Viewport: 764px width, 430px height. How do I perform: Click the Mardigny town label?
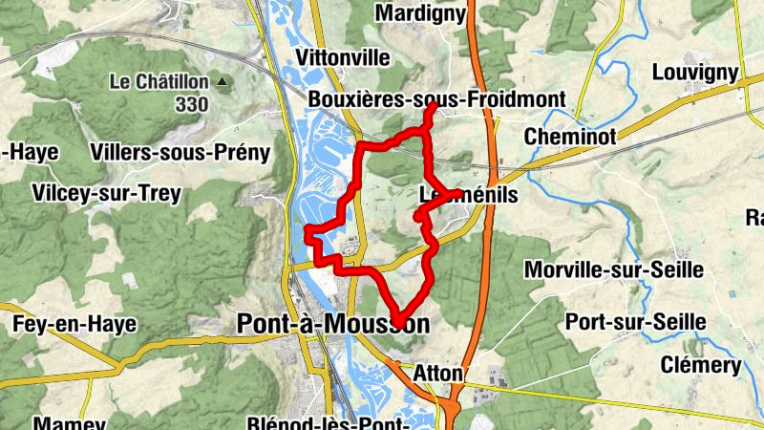(421, 13)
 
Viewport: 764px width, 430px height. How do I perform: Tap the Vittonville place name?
(345, 55)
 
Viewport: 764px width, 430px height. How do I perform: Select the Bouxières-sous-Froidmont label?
(437, 98)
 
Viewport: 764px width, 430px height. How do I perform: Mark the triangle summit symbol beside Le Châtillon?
(223, 82)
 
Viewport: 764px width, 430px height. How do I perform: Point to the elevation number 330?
(191, 103)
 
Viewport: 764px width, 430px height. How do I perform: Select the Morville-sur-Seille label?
(614, 270)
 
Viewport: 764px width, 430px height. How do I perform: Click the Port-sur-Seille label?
(635, 322)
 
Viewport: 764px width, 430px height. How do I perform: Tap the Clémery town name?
(700, 365)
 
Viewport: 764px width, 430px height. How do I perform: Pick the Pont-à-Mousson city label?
(332, 325)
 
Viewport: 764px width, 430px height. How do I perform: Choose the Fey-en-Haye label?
(74, 324)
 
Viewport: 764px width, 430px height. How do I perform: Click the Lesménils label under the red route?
(468, 195)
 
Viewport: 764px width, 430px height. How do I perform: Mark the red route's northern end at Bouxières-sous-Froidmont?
(433, 108)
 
